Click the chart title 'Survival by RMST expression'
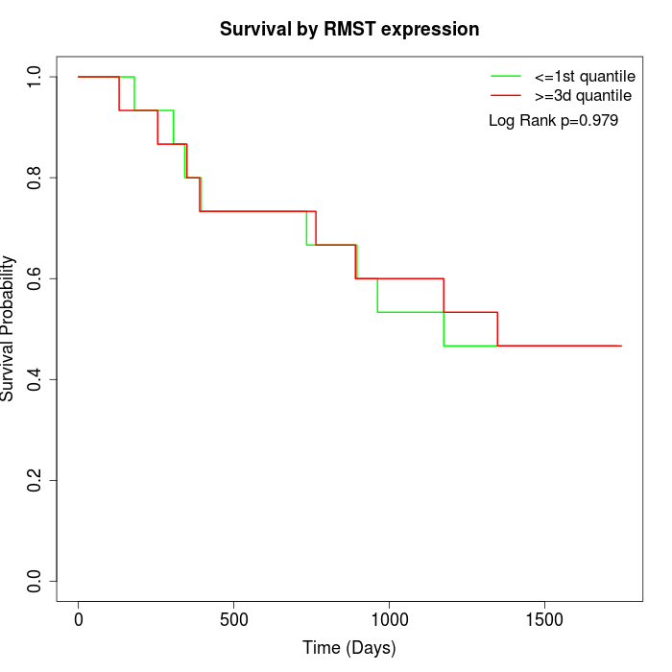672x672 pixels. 349,29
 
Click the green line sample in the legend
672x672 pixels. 506,76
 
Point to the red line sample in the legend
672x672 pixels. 506,96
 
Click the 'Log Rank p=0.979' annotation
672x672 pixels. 553,121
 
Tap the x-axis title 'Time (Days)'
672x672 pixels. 349,648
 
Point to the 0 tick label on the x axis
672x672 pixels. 79,619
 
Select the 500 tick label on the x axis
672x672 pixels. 234,619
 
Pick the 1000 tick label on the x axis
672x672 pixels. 390,619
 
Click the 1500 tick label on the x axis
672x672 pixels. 545,619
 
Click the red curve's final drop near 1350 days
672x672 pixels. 497,329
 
